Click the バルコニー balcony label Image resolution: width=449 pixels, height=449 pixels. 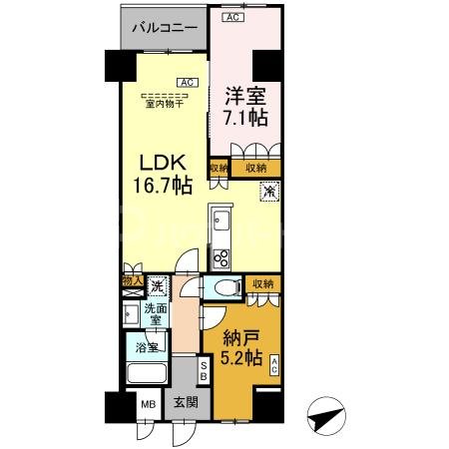click(164, 28)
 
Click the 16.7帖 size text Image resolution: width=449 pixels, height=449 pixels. click(159, 185)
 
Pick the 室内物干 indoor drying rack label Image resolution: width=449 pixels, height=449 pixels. click(165, 101)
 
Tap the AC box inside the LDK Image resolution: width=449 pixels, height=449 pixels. click(186, 82)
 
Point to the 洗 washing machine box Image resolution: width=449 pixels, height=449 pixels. click(156, 287)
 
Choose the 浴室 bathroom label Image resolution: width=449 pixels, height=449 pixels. click(147, 349)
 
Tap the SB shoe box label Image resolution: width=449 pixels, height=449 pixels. click(204, 371)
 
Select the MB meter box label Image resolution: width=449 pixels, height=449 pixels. click(147, 405)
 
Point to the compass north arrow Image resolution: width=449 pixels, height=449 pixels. click(326, 412)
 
